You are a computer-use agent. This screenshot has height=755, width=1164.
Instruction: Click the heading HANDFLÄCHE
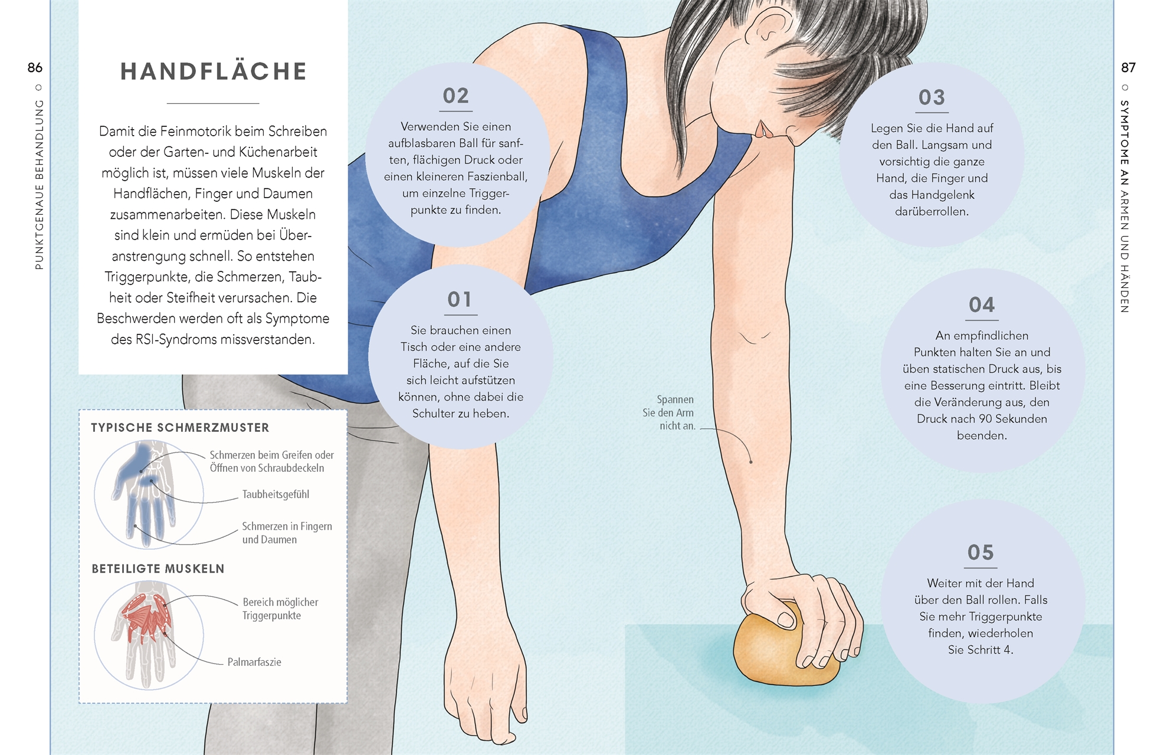pyautogui.click(x=213, y=71)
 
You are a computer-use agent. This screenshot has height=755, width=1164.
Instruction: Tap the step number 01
pyautogui.click(x=460, y=300)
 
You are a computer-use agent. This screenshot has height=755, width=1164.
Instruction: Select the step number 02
pyautogui.click(x=456, y=96)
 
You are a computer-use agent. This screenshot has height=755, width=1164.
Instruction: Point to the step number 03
pyautogui.click(x=932, y=97)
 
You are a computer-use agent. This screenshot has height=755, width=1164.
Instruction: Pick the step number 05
pyautogui.click(x=981, y=553)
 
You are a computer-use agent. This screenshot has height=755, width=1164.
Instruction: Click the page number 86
pyautogui.click(x=35, y=68)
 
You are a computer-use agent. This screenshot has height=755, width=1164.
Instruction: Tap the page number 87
pyautogui.click(x=1128, y=68)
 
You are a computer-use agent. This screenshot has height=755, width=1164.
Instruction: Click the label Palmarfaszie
pyautogui.click(x=254, y=662)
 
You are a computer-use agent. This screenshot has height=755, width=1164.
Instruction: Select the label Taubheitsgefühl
pyautogui.click(x=276, y=494)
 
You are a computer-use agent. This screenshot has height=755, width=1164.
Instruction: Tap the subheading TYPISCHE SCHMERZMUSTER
pyautogui.click(x=180, y=428)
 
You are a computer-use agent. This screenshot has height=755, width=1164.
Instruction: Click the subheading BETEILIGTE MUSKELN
pyautogui.click(x=158, y=569)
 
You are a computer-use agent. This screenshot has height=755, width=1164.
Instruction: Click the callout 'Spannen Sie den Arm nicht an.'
pyautogui.click(x=670, y=413)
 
